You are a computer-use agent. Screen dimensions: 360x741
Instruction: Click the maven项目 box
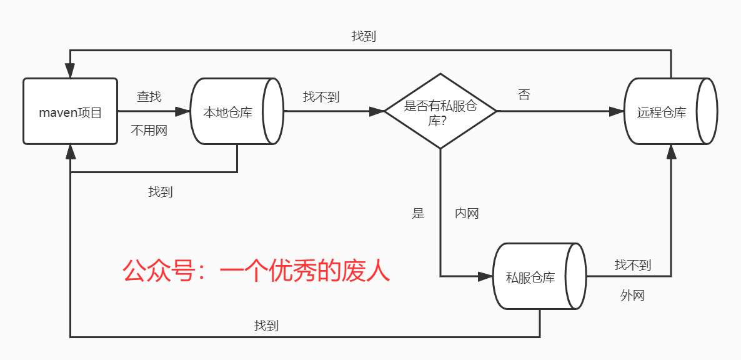coord(70,112)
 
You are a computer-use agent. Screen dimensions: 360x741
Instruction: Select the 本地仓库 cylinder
coord(228,112)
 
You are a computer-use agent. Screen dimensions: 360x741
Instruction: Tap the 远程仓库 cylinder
coord(662,112)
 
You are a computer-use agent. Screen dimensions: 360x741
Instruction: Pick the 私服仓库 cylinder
coord(530,277)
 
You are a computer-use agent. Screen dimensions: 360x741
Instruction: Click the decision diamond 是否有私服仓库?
coord(440,112)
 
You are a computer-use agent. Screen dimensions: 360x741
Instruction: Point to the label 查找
coord(149,96)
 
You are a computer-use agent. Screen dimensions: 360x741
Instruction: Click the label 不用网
coord(149,131)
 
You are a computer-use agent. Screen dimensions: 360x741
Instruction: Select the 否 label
coord(524,95)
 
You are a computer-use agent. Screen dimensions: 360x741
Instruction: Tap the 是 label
coord(418,213)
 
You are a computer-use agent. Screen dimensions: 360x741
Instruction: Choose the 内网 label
coord(467,213)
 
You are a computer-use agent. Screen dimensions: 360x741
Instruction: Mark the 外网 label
coord(632,296)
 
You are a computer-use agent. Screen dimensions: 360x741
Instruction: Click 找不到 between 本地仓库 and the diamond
coord(321,97)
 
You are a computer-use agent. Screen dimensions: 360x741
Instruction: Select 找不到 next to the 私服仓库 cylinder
coord(632,265)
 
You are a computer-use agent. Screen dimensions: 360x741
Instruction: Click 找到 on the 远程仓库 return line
coord(364,36)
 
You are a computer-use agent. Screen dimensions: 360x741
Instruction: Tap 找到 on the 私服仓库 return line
coord(266,326)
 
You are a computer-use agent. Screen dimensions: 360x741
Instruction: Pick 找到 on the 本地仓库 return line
coord(161,192)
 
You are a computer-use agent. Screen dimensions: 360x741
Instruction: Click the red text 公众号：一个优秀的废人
coord(256,272)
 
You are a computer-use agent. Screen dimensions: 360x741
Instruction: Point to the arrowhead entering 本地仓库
coord(183,112)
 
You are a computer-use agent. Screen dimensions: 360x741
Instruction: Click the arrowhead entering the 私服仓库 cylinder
coord(486,276)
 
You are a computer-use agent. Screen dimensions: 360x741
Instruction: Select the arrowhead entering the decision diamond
coord(377,112)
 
